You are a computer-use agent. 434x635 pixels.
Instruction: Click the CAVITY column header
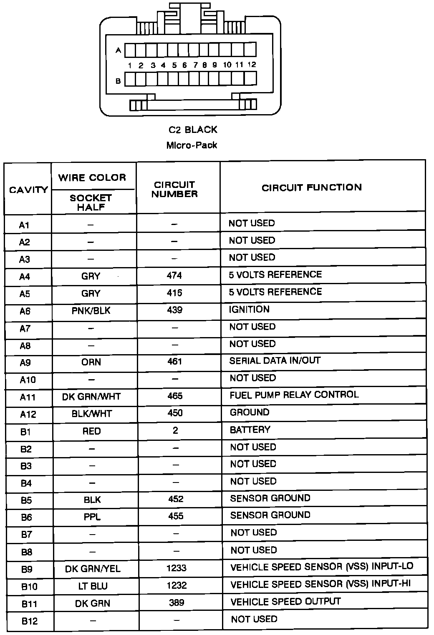pyautogui.click(x=28, y=190)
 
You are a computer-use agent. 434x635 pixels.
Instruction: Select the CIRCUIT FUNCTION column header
pyautogui.click(x=311, y=187)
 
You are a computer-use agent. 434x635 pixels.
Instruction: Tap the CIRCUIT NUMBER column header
pyautogui.click(x=174, y=189)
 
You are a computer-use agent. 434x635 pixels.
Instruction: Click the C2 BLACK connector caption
pyautogui.click(x=193, y=130)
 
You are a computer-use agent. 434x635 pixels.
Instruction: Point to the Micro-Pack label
pyautogui.click(x=192, y=145)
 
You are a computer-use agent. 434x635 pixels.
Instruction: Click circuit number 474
pyautogui.click(x=174, y=275)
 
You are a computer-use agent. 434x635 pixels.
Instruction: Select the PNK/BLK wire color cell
pyautogui.click(x=91, y=310)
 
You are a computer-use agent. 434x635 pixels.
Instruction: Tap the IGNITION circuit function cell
pyautogui.click(x=249, y=309)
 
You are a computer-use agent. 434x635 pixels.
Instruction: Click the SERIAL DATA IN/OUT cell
pyautogui.click(x=275, y=361)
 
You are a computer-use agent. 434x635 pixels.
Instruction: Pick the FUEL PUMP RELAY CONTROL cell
pyautogui.click(x=294, y=395)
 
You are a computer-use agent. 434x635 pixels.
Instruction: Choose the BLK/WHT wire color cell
pyautogui.click(x=91, y=414)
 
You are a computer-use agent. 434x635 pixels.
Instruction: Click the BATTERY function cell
pyautogui.click(x=250, y=430)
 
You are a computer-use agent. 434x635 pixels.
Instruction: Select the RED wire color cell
pyautogui.click(x=91, y=431)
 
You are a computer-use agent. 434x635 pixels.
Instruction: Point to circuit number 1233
pyautogui.click(x=176, y=568)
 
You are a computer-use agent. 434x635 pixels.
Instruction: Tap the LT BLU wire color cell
pyautogui.click(x=93, y=586)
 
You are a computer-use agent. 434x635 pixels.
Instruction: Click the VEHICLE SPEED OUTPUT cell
pyautogui.click(x=285, y=601)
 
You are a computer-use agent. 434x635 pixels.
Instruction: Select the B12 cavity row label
pyautogui.click(x=30, y=621)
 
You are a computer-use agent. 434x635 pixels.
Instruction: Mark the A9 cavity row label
pyautogui.click(x=25, y=362)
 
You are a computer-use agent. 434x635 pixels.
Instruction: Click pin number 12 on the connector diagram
pyautogui.click(x=252, y=65)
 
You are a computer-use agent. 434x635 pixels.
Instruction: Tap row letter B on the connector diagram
pyautogui.click(x=118, y=81)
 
